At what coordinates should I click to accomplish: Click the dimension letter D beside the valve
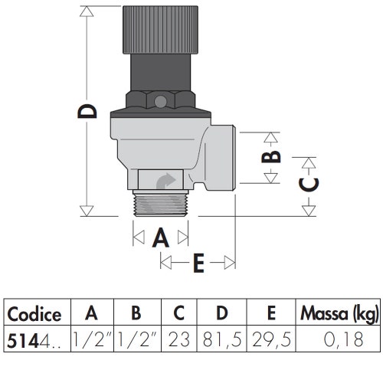coord(90,112)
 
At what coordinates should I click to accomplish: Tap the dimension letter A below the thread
coord(160,237)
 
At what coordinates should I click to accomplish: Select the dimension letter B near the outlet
coord(271,156)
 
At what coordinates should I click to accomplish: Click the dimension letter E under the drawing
coord(198,263)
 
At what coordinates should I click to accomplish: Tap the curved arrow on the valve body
coord(165,182)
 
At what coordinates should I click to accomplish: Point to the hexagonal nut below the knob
coord(159,99)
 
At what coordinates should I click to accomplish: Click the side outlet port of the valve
coord(222,157)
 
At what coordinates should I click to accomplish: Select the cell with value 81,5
coord(221,338)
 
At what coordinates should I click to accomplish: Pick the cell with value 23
coord(178,338)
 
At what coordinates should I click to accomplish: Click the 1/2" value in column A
coord(92,338)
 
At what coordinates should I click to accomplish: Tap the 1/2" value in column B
coord(136,338)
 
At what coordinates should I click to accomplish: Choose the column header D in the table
coord(221,313)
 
